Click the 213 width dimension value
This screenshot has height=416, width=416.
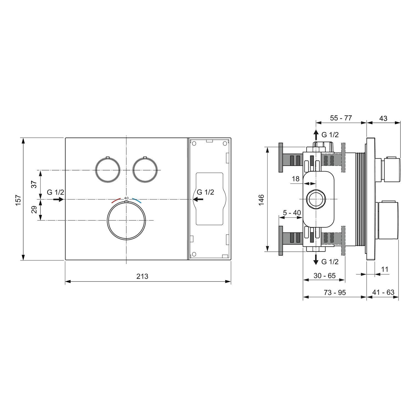pyautogui.click(x=142, y=276)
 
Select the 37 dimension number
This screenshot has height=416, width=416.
pyautogui.click(x=34, y=184)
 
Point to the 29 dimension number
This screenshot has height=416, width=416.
pyautogui.click(x=34, y=209)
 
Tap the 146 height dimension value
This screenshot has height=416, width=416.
pyautogui.click(x=261, y=200)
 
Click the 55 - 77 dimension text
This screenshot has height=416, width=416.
pyautogui.click(x=341, y=118)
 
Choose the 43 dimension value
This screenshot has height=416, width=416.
pyautogui.click(x=383, y=118)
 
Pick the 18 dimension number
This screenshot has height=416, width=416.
pyautogui.click(x=296, y=179)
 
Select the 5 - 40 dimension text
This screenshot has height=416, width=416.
pyautogui.click(x=292, y=213)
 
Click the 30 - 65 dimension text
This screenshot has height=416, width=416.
pyautogui.click(x=324, y=276)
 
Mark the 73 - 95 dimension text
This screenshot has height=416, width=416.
pyautogui.click(x=335, y=292)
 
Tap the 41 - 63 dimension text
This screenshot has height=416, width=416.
pyautogui.click(x=383, y=292)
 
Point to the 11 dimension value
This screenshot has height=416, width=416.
pyautogui.click(x=384, y=269)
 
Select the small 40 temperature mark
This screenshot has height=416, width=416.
pyautogui.click(x=126, y=198)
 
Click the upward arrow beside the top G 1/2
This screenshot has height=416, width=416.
pyautogui.click(x=316, y=135)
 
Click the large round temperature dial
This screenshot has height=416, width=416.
pyautogui.click(x=126, y=220)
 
